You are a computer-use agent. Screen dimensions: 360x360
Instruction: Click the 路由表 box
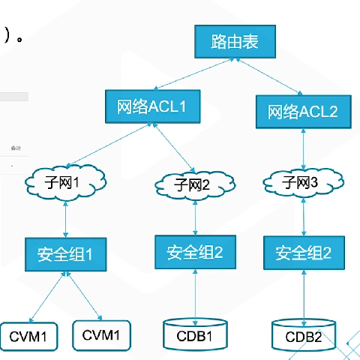[x=235, y=42]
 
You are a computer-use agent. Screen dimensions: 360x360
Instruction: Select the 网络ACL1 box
[x=152, y=106]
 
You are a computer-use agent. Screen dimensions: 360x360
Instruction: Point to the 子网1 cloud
[x=67, y=183]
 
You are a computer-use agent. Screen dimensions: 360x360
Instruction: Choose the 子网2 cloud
[x=195, y=184]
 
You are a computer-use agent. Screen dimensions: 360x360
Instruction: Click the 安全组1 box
[x=67, y=253]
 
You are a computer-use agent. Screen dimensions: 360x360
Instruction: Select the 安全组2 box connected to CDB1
[x=195, y=251]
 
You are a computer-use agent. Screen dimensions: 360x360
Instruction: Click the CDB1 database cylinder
[x=195, y=334]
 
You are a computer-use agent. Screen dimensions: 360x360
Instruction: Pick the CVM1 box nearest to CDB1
[x=102, y=335]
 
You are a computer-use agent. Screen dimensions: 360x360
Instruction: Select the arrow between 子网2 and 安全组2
[x=195, y=217]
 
